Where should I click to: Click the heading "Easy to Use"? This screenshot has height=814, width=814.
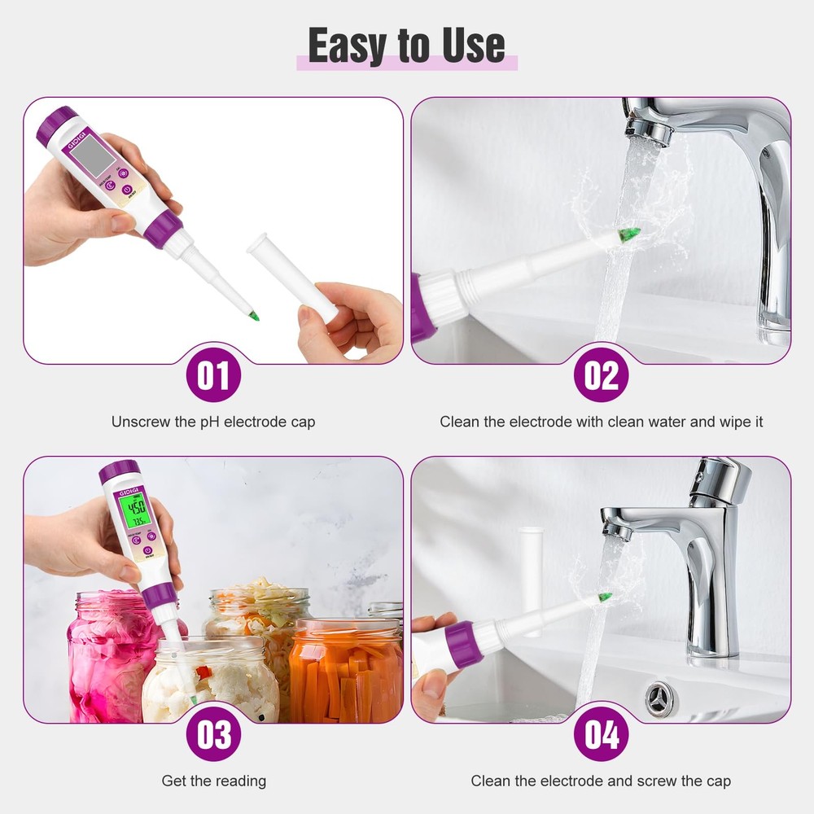pos(406,46)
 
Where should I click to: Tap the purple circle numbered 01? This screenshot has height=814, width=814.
pos(213,376)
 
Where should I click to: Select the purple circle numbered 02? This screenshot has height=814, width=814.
pos(601,376)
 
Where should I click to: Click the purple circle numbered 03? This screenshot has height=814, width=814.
pos(213,735)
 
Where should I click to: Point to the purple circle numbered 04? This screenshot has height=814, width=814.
pos(601,735)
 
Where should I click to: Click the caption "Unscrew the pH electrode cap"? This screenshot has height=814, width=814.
pos(213,422)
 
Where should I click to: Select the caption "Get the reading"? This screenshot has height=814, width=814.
pos(213,781)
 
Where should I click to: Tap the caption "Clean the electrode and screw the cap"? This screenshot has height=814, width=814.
pos(601,781)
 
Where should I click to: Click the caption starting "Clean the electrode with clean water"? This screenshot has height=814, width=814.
pos(601,422)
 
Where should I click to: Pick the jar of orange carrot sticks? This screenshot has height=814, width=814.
pos(346,672)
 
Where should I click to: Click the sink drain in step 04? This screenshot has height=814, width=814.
pos(659,698)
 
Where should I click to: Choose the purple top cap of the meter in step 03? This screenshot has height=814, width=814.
pos(119,470)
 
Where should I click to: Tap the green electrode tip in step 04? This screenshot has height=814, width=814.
pos(605,597)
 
